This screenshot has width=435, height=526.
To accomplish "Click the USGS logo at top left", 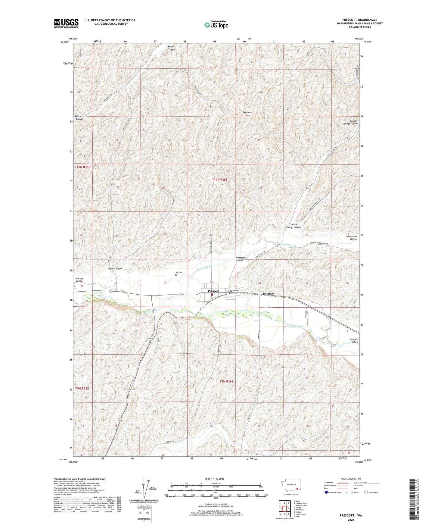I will pos(66,23).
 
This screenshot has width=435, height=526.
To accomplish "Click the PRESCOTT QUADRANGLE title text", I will pos(359,20).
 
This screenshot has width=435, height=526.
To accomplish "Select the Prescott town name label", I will pos(213,291).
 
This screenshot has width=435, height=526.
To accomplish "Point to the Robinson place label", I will pos(269,293).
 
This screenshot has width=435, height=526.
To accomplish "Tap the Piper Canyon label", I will pos(115,268).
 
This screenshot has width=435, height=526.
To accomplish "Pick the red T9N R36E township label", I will pos(226,381).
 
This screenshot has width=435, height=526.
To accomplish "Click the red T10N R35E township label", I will pos(82,167).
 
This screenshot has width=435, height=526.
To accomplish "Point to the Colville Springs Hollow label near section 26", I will pos(294,226).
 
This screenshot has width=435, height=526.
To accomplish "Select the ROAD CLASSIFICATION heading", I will pos(351,479).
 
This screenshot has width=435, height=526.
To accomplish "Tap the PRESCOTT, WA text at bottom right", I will pos(351,515).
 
